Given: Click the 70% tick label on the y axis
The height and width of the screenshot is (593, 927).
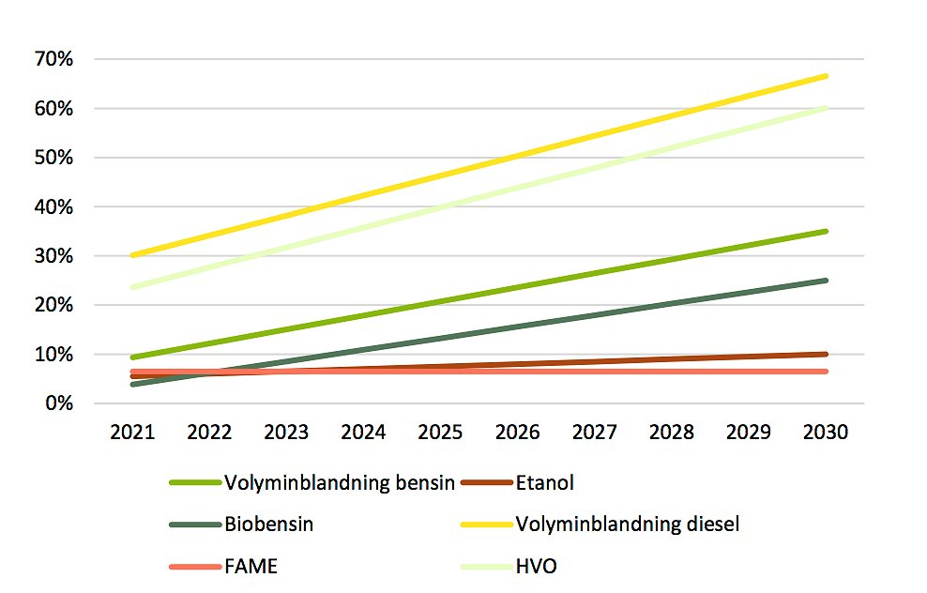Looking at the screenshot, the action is pos(53,59).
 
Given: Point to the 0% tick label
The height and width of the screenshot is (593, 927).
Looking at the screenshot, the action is pos(59,403).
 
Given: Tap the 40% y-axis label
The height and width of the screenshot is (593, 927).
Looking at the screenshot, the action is pos(53,207).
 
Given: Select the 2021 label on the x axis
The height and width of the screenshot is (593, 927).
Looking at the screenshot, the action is pos(132,433).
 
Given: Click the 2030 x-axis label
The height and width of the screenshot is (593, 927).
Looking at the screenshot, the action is pos(826,433).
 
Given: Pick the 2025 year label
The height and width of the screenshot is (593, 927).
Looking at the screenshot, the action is pos(440,433).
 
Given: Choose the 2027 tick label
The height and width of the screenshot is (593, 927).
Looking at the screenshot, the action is pos(594,433).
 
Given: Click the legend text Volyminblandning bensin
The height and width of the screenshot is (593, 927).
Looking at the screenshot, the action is pos(340,483).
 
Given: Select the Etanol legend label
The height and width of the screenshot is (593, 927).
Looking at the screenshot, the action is pos(544,483).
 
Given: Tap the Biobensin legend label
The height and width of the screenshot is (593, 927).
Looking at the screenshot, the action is pos(269,525).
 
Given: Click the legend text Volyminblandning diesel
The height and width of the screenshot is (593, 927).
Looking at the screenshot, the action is pos(628,525).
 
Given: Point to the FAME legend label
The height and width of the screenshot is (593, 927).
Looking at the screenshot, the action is pos(251,567).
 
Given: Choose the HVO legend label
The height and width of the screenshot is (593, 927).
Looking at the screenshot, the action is pos(537,567).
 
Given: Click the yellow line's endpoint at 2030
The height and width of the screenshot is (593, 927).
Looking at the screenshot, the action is pos(826,76).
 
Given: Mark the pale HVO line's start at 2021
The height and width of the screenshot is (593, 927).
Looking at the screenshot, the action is pos(132,287).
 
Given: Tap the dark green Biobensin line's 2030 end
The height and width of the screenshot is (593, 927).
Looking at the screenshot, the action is pos(826,281).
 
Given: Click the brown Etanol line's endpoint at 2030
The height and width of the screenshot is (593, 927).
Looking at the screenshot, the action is pos(826,354).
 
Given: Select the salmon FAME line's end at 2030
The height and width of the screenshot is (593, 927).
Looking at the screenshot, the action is pos(826,372).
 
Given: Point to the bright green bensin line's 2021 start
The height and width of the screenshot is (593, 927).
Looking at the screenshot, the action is pos(132,357).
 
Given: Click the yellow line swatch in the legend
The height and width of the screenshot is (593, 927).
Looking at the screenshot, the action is pos(486,525).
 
